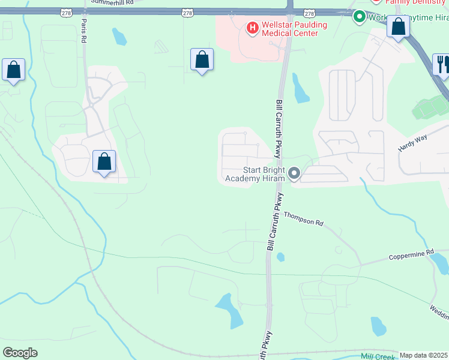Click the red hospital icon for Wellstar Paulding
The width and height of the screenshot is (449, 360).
[x=252, y=27]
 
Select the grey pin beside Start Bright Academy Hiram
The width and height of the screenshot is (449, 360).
[x=294, y=173]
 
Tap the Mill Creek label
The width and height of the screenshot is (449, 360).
[x=379, y=356]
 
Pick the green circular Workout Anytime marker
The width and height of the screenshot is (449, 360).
[x=360, y=16]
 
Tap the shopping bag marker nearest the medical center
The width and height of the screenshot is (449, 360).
[x=202, y=59]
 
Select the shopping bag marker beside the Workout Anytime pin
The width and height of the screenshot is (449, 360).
[x=399, y=26]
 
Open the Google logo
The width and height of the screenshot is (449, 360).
[x=20, y=353]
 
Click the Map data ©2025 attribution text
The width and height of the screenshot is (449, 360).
[x=424, y=355]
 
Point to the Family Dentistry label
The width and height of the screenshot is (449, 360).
[x=414, y=2]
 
